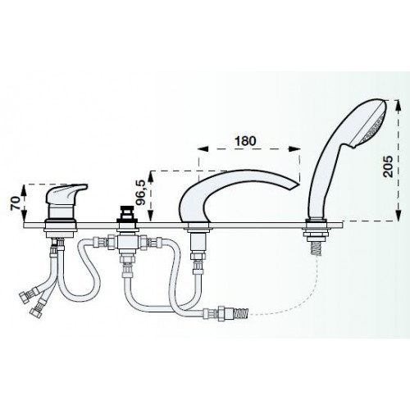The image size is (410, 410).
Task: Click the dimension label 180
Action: pyautogui.click(x=245, y=140)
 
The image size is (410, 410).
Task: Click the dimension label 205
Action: pyautogui.click(x=388, y=166)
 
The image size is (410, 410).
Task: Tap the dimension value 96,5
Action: pyautogui.click(x=142, y=194)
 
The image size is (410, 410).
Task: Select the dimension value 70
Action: pyautogui.click(x=16, y=203)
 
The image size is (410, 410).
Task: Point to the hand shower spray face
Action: pyautogui.click(x=374, y=125)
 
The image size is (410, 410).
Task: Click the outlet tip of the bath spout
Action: pyautogui.click(x=295, y=185)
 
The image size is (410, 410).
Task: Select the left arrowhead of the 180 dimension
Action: pyautogui.click(x=203, y=148)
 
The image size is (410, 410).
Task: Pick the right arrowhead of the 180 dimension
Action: pyautogui.click(x=295, y=148)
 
